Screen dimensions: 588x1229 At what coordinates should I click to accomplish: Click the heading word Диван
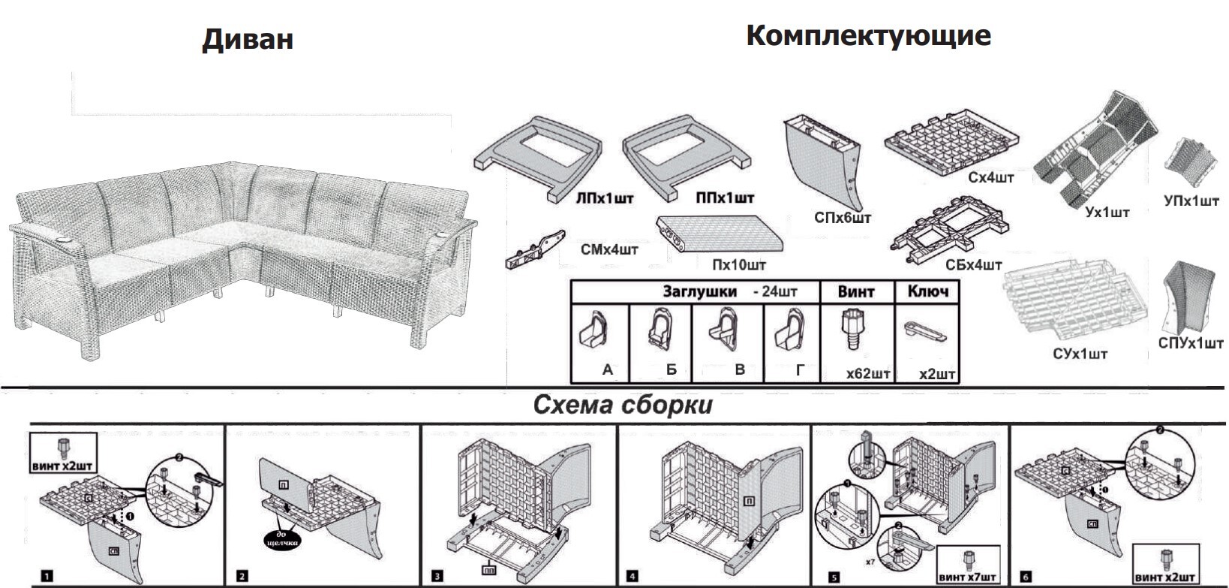[248, 39]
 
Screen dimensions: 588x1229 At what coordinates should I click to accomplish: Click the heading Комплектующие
[868, 35]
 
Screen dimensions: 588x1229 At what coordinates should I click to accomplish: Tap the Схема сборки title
[622, 406]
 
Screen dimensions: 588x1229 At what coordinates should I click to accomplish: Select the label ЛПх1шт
[604, 199]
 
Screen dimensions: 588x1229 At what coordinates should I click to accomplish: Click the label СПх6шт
[843, 219]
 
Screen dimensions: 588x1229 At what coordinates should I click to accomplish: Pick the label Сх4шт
[990, 178]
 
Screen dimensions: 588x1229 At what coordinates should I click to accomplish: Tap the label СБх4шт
[973, 265]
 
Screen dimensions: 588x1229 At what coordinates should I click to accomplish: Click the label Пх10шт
[739, 265]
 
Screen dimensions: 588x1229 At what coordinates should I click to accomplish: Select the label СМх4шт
[609, 249]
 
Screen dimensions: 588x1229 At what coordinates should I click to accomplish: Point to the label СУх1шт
[1080, 354]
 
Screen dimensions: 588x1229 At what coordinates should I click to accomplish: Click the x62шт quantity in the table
[868, 373]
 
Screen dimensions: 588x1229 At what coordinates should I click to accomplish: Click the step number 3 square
[437, 577]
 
